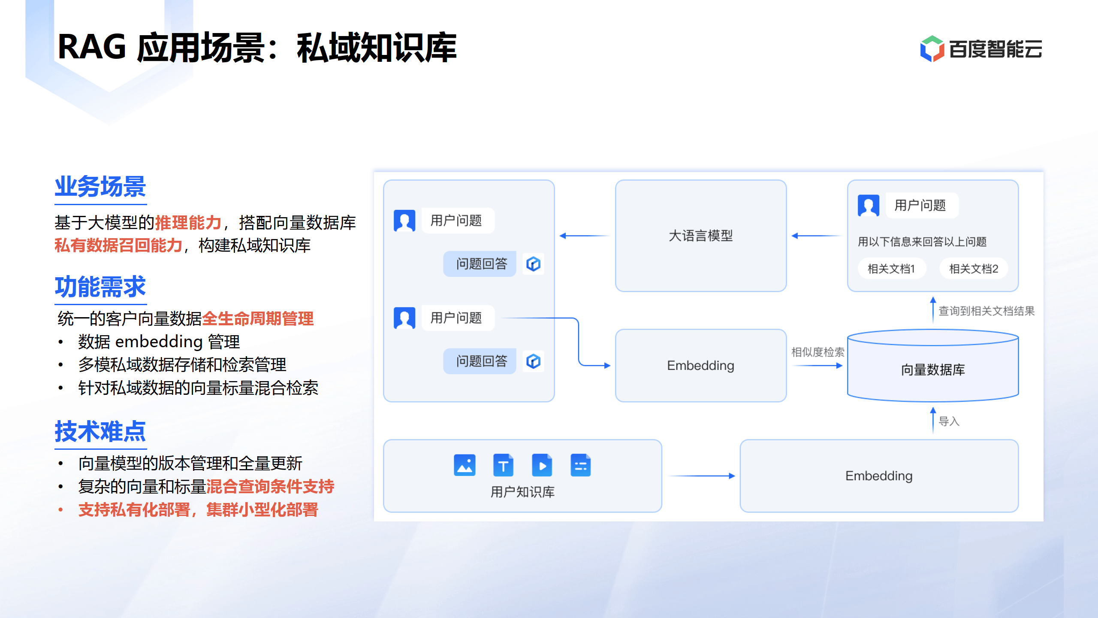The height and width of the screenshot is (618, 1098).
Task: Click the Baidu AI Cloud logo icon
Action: click(x=932, y=48)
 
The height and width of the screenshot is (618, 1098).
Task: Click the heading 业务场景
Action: click(x=100, y=187)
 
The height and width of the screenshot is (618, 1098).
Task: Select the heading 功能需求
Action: click(x=100, y=287)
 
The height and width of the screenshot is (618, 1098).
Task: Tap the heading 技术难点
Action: click(x=100, y=431)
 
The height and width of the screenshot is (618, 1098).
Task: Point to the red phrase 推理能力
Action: click(x=188, y=223)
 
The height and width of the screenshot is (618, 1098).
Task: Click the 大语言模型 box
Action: click(x=700, y=236)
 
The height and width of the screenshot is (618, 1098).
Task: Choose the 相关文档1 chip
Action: click(x=891, y=269)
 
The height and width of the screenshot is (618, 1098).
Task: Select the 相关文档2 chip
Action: click(x=973, y=269)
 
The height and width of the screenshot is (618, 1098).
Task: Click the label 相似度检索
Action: click(x=817, y=352)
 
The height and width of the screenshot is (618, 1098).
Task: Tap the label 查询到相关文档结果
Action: click(x=986, y=311)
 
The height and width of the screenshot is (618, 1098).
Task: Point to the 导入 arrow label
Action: click(x=949, y=421)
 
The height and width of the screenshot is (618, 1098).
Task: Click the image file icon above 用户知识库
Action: click(x=465, y=465)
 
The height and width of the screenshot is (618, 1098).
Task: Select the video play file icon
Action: click(x=542, y=465)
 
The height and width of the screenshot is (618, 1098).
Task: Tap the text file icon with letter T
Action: click(x=503, y=465)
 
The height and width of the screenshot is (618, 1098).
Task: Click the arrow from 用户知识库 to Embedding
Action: click(x=701, y=476)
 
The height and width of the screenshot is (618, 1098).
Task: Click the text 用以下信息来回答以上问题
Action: click(x=922, y=242)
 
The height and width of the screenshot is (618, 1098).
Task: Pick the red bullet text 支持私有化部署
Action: click(x=134, y=510)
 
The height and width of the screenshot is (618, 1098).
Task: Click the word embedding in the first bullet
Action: click(x=159, y=342)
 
